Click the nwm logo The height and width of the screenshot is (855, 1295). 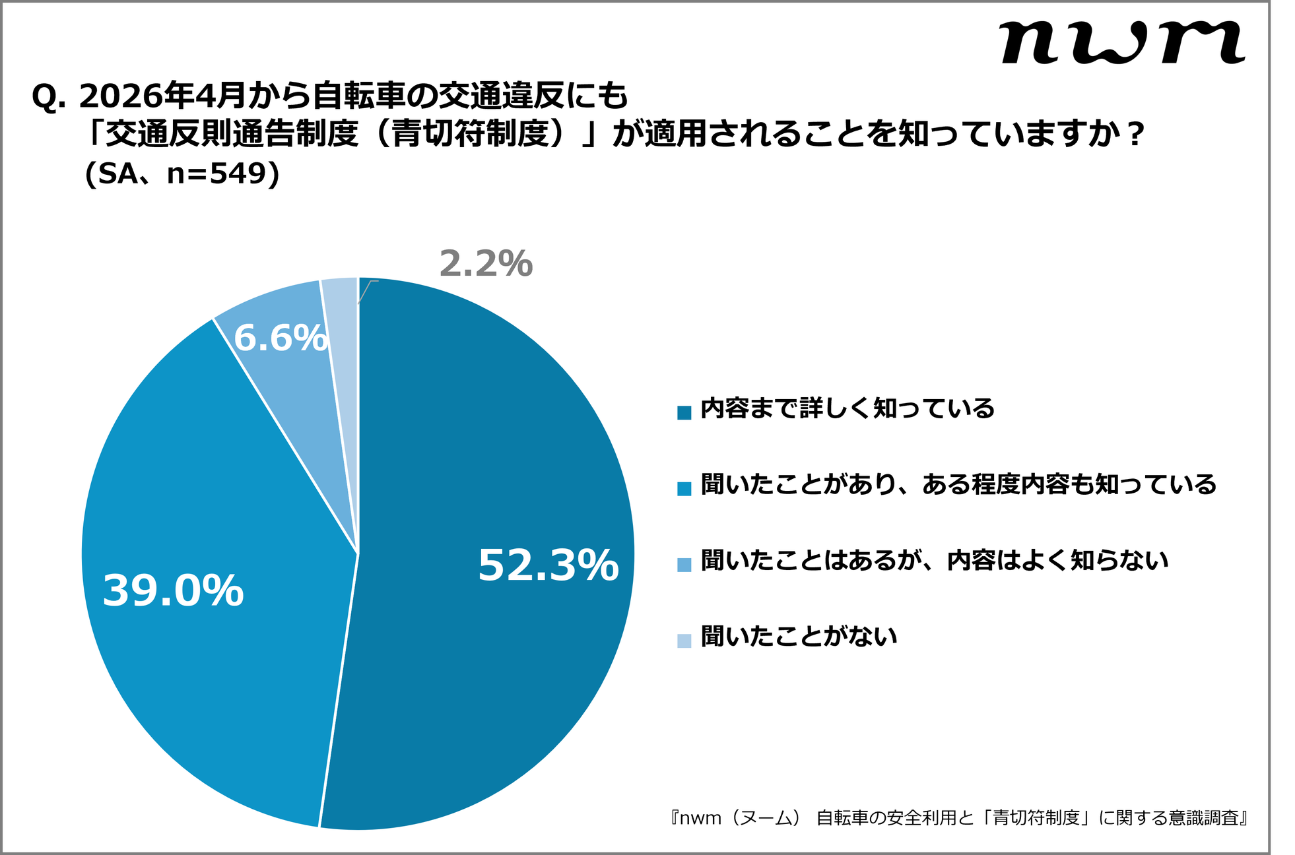[1122, 42]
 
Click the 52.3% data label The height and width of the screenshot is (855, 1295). [548, 565]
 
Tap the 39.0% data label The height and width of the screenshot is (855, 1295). [173, 590]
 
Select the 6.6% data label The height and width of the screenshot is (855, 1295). [281, 338]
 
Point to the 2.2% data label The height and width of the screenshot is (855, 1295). [486, 264]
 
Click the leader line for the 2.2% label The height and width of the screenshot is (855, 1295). [365, 291]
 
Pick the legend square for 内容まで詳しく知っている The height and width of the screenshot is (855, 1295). [684, 412]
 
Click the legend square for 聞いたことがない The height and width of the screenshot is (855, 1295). [684, 641]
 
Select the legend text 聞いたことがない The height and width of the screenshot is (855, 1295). [799, 637]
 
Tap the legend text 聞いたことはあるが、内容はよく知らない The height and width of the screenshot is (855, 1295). [934, 561]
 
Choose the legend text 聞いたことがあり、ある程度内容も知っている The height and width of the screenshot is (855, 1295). [958, 485]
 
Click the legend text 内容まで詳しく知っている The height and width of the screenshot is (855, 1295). [847, 409]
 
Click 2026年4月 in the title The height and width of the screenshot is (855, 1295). [162, 97]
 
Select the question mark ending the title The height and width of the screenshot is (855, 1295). [1135, 136]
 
